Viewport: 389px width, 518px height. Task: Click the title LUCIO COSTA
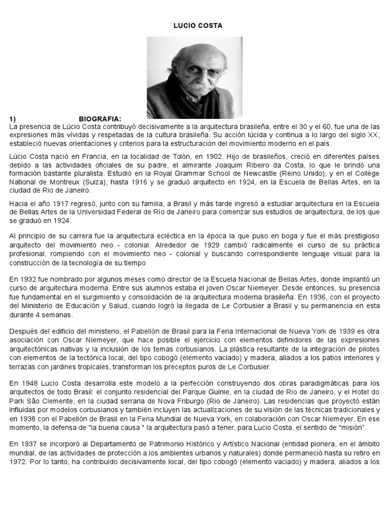click(194, 25)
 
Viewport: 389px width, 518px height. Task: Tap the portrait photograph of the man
click(194, 77)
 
